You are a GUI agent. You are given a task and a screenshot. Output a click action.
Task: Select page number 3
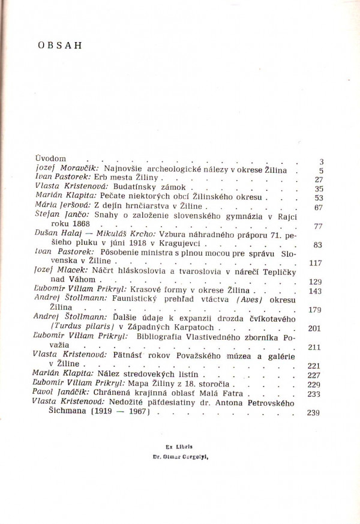pyautogui.click(x=321, y=162)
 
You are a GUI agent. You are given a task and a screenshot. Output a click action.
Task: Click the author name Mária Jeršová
pyautogui.click(x=59, y=205)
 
